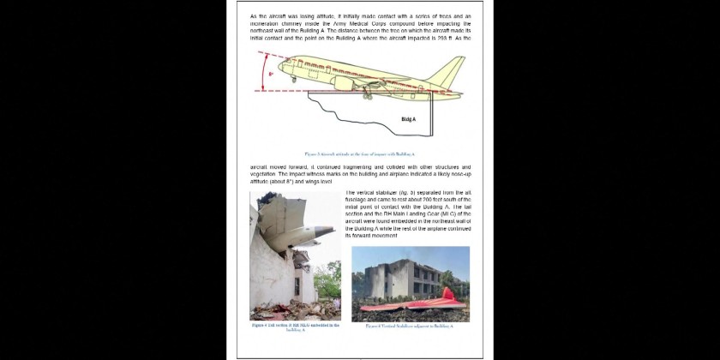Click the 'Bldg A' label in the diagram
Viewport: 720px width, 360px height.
(x=408, y=119)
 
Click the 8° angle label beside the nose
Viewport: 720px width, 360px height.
(x=271, y=75)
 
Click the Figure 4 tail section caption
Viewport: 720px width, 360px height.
(x=295, y=327)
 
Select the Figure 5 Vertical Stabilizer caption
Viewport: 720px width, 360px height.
(x=410, y=327)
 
